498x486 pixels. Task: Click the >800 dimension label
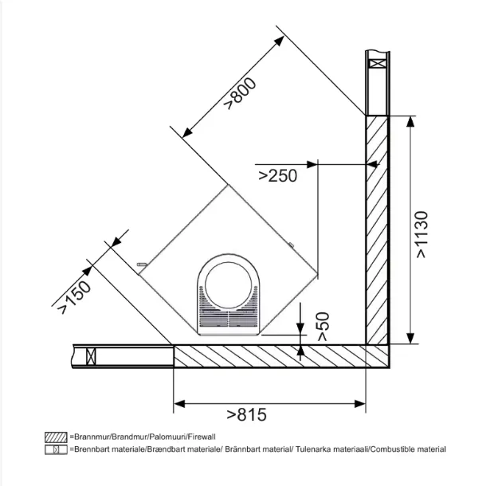point(240,93)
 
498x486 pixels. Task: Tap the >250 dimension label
point(278,175)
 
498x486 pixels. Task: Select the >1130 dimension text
point(422,234)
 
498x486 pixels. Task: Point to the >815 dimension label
point(247,414)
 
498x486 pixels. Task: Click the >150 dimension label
point(75,298)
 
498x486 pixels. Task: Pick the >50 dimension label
point(324,327)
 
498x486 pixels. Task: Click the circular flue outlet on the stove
point(229,285)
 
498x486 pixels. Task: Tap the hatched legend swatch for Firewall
point(56,437)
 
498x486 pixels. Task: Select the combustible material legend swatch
point(56,449)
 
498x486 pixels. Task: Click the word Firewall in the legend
point(202,437)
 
